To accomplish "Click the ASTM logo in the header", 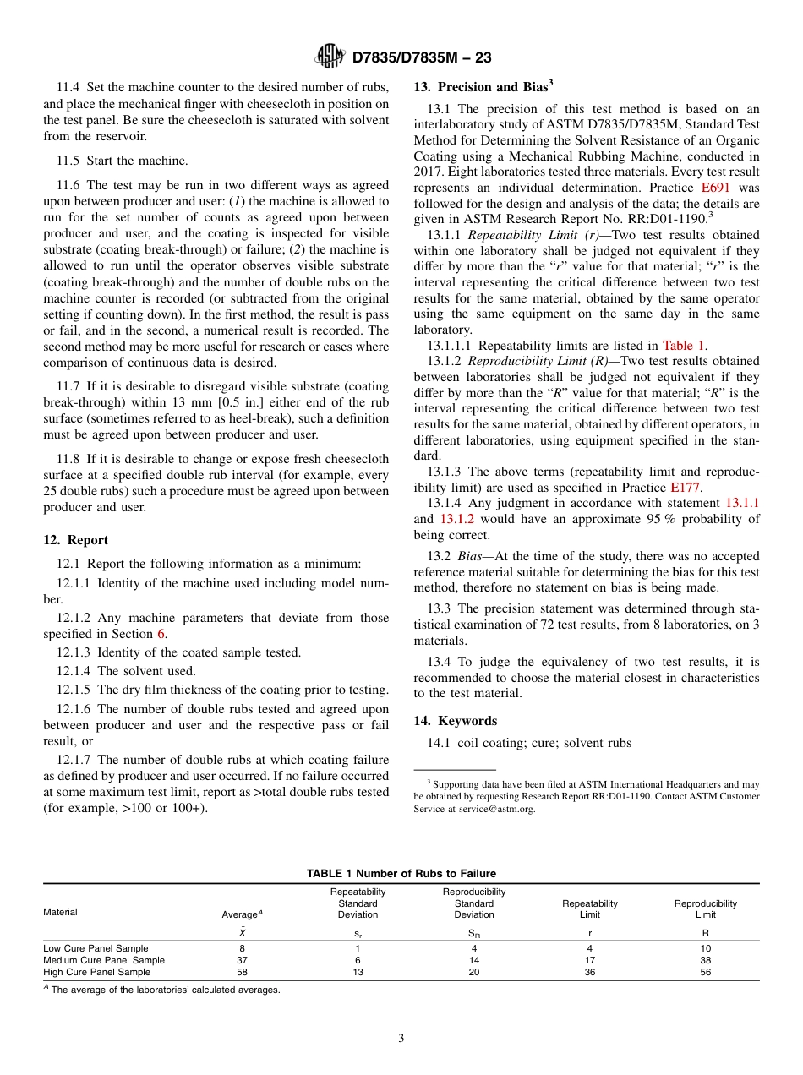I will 330,57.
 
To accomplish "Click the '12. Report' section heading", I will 75,540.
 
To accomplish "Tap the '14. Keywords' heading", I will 455,721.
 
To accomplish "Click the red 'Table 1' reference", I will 684,345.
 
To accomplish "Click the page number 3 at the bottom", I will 401,1038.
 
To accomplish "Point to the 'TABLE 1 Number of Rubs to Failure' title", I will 401,874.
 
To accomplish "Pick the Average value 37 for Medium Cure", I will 242,960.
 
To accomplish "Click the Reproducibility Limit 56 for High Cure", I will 705,972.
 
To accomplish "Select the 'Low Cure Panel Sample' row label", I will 96,948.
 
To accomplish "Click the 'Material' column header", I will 60,912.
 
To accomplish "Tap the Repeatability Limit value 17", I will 589,960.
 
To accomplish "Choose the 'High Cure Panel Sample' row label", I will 96,972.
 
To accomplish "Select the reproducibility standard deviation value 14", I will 473,960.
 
